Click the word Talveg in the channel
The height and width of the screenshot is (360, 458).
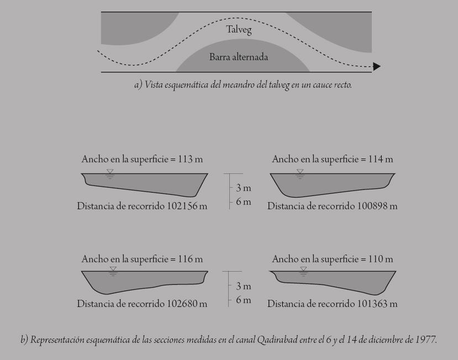pyautogui.click(x=239, y=30)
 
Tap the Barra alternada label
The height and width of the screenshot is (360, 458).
pyautogui.click(x=239, y=56)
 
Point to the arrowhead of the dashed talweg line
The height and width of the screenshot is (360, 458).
pyautogui.click(x=377, y=67)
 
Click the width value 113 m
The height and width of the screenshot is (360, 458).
pyautogui.click(x=191, y=159)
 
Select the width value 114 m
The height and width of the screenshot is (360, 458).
pyautogui.click(x=381, y=159)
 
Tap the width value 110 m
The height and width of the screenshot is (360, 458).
pyautogui.click(x=381, y=258)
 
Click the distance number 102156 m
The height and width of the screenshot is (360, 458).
pyautogui.click(x=187, y=206)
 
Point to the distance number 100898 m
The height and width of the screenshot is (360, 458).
pyautogui.click(x=377, y=206)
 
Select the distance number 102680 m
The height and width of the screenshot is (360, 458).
pyautogui.click(x=187, y=303)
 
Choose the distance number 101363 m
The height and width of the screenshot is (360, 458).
pyautogui.click(x=377, y=303)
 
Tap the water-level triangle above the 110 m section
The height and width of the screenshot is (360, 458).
pyautogui.click(x=303, y=270)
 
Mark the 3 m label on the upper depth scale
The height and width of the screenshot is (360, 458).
pyautogui.click(x=244, y=188)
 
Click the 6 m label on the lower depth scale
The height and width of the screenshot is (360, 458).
pyautogui.click(x=244, y=300)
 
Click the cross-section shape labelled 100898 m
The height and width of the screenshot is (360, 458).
pyautogui.click(x=331, y=184)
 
